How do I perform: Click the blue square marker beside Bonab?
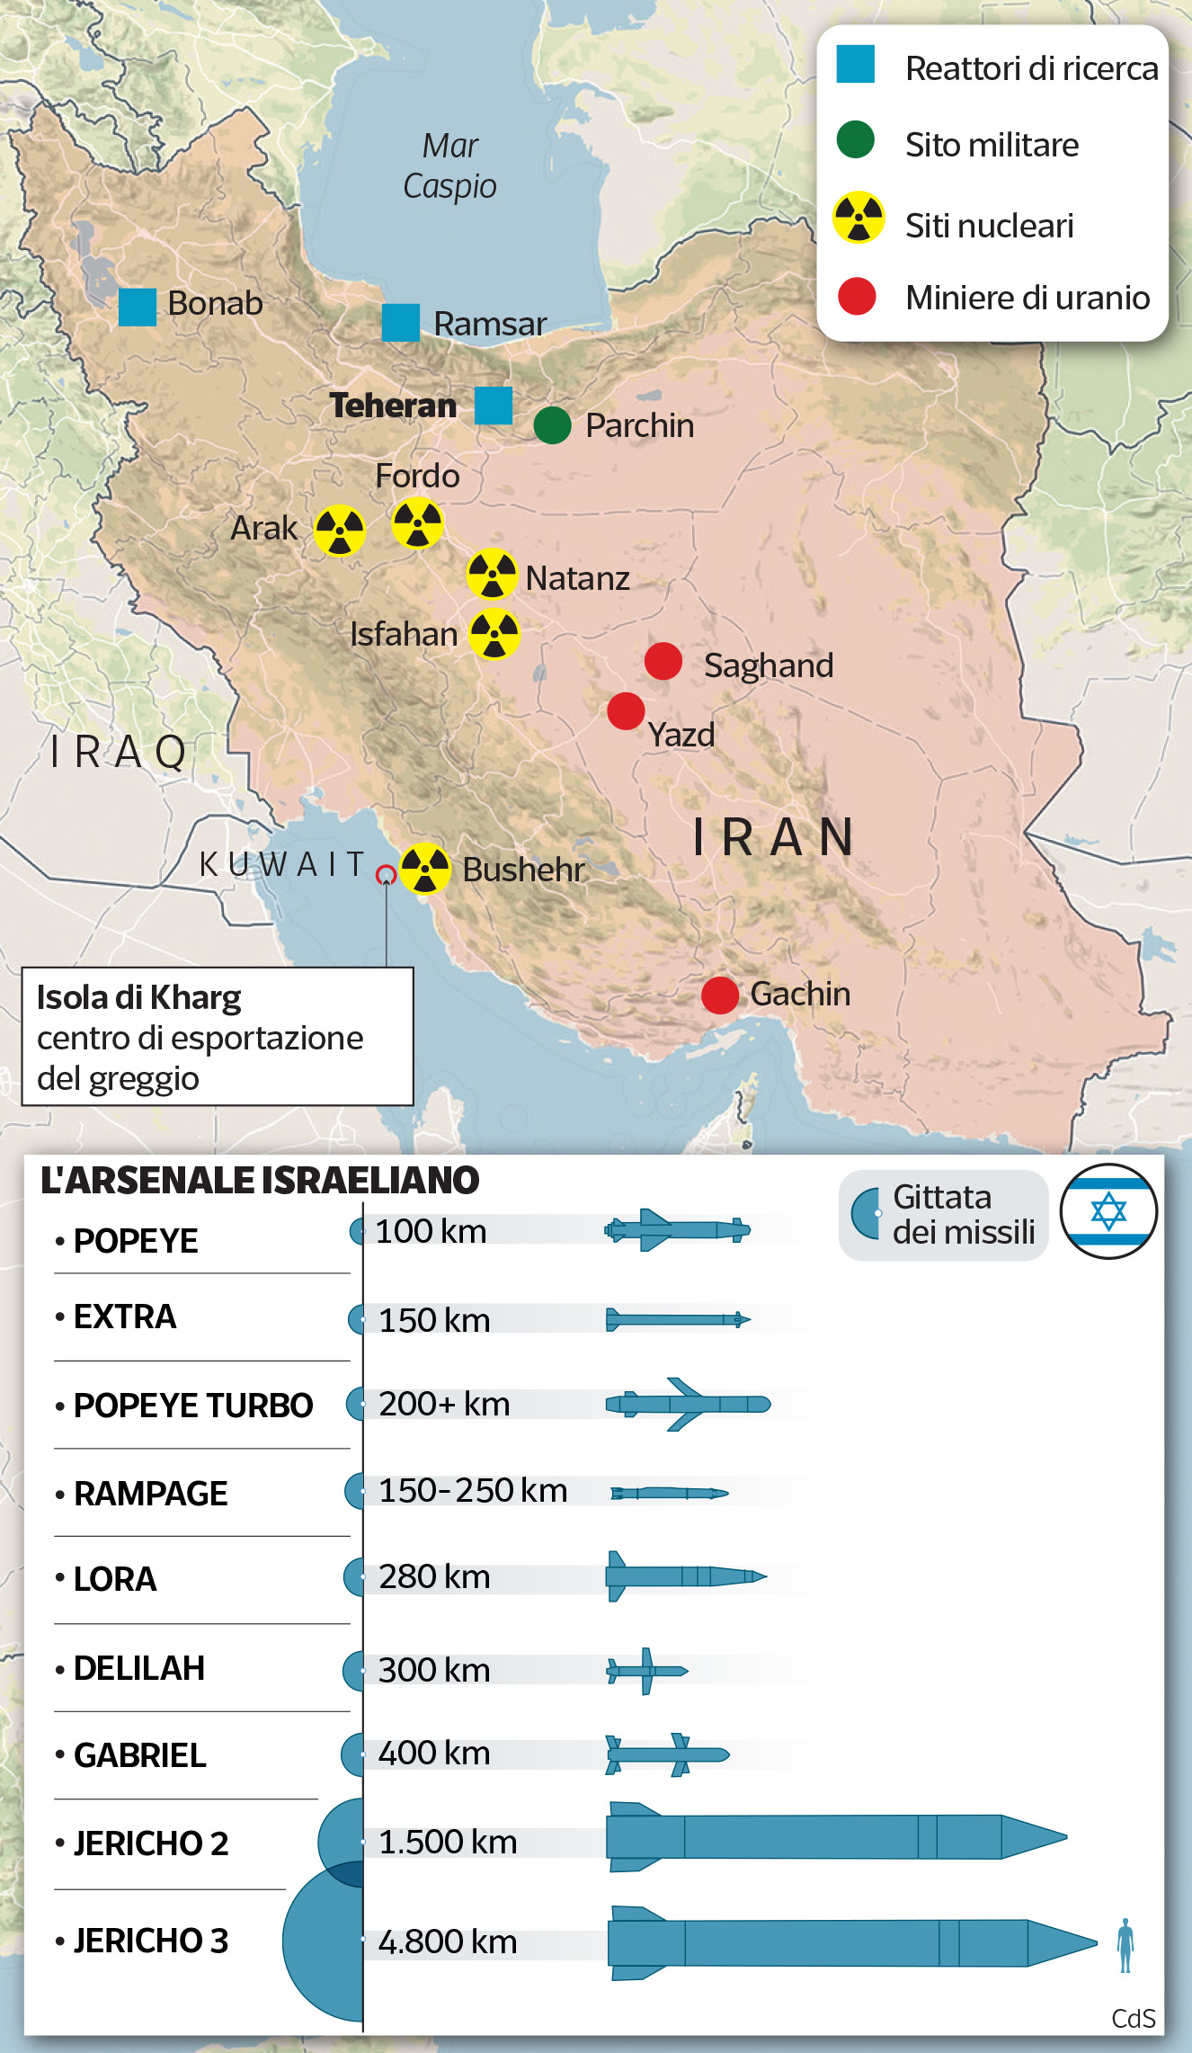coord(138,307)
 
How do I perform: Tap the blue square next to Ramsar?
coord(401,323)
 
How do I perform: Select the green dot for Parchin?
coord(552,425)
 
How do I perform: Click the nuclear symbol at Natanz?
coord(492,574)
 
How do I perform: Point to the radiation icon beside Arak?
coord(340,531)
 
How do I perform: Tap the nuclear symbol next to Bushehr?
coord(425,869)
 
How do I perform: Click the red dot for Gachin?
coord(720,995)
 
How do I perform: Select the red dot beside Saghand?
coord(663,662)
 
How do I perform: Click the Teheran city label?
coord(393,406)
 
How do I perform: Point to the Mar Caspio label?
coord(450,165)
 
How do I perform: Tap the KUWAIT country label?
coord(281,864)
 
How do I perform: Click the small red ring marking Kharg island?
coord(386,874)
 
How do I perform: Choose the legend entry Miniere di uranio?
coord(1027,298)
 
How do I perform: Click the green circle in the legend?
coord(856,140)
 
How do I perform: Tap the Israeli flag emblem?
coord(1108,1211)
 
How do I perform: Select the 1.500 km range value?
coord(448,1843)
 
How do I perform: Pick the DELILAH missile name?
coord(139,1668)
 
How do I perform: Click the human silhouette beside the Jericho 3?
coord(1125,1945)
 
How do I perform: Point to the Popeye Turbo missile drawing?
coord(688,1404)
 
